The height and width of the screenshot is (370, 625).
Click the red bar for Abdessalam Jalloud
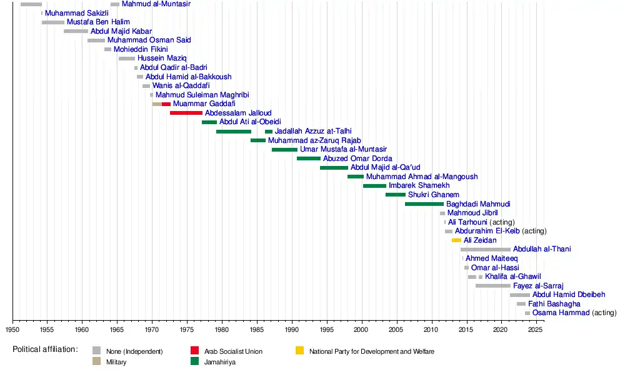pyautogui.click(x=186, y=113)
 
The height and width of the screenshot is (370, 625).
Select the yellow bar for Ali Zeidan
pyautogui.click(x=456, y=240)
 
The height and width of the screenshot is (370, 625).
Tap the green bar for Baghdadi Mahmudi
pyautogui.click(x=424, y=204)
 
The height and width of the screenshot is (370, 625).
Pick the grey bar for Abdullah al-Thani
pyautogui.click(x=486, y=250)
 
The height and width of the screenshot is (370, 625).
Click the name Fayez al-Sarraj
pyautogui.click(x=538, y=286)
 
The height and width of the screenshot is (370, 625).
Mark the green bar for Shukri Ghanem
pyautogui.click(x=396, y=195)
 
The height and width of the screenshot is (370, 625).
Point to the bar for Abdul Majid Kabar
pyautogui.click(x=76, y=31)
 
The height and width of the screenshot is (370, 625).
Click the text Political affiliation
pyautogui.click(x=45, y=349)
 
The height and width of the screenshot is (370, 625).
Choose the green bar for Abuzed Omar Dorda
pyautogui.click(x=309, y=158)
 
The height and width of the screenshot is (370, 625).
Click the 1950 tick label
pyautogui.click(x=12, y=329)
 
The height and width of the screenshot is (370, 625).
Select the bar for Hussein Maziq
pyautogui.click(x=127, y=59)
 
